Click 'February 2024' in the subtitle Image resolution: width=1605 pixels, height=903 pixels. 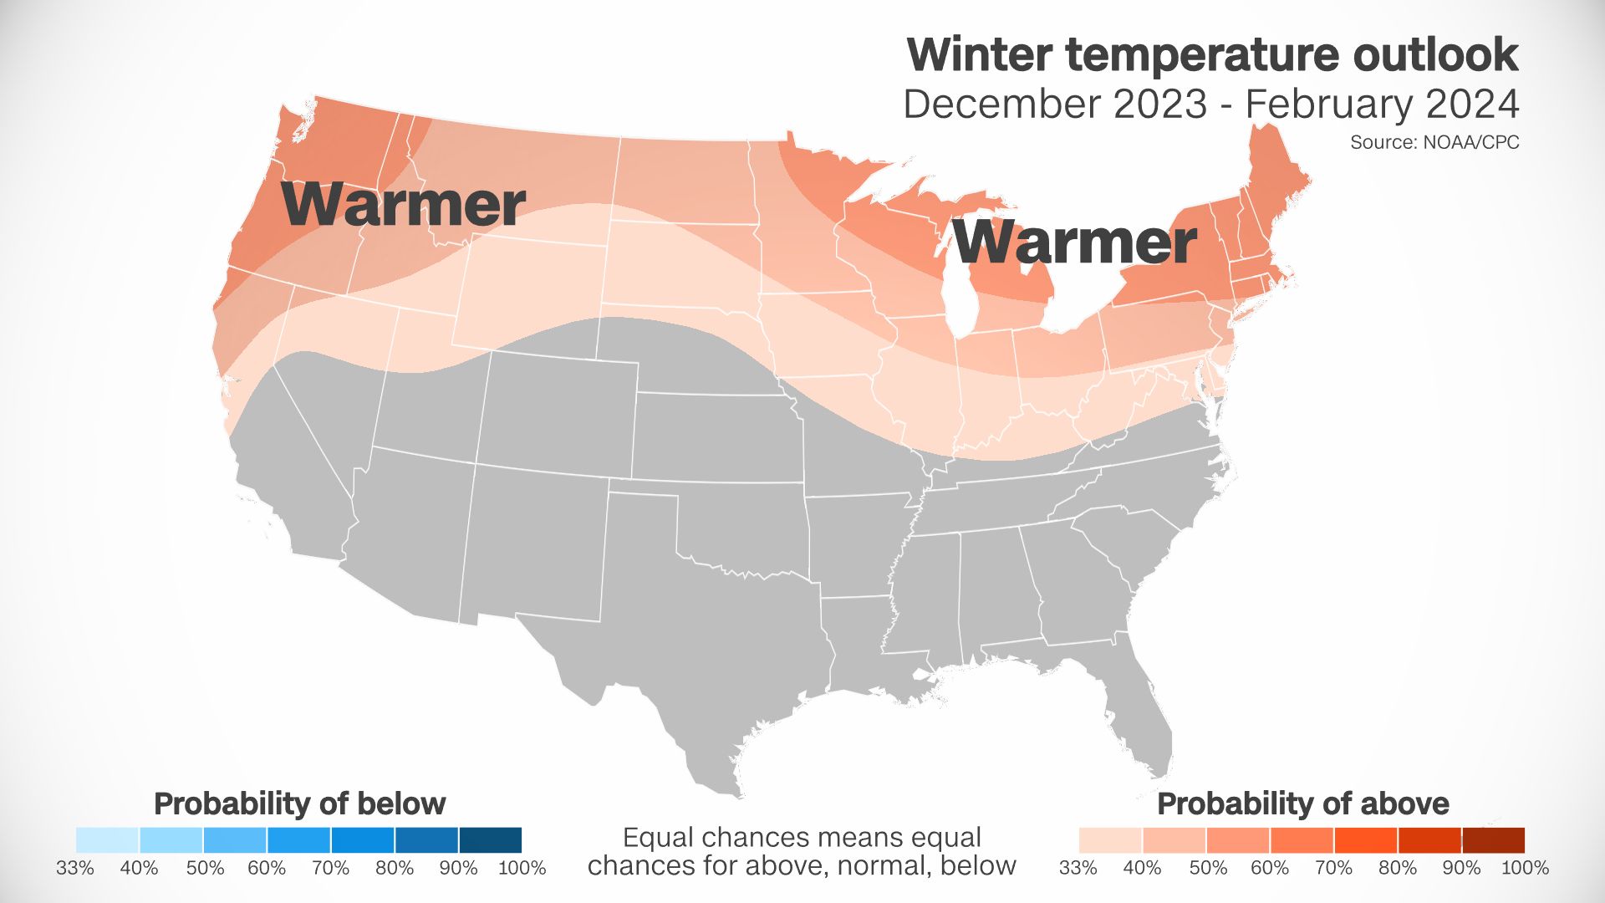pyautogui.click(x=1382, y=105)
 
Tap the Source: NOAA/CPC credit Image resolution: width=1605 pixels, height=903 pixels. pyautogui.click(x=1434, y=143)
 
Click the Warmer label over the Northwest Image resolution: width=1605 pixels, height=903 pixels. pyautogui.click(x=404, y=204)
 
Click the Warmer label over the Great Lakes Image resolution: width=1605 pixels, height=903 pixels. pyautogui.click(x=1075, y=242)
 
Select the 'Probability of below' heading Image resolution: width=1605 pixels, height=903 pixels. pyautogui.click(x=299, y=804)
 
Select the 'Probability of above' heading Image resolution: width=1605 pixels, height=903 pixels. pyautogui.click(x=1302, y=804)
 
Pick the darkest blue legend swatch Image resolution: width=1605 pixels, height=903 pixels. pyautogui.click(x=491, y=839)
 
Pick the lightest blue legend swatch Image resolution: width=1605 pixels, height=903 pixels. pyautogui.click(x=107, y=839)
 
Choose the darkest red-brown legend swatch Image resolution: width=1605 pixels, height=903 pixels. pyautogui.click(x=1494, y=839)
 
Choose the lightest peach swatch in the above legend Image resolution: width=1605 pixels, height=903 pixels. pyautogui.click(x=1110, y=839)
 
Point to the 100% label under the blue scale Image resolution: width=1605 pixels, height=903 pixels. pyautogui.click(x=522, y=868)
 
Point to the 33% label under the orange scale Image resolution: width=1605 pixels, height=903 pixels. pyautogui.click(x=1078, y=868)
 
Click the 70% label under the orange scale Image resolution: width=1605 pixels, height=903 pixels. pyautogui.click(x=1333, y=868)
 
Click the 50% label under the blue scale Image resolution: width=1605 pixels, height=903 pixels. pyautogui.click(x=205, y=868)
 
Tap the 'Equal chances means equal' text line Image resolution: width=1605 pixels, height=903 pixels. pyautogui.click(x=802, y=837)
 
